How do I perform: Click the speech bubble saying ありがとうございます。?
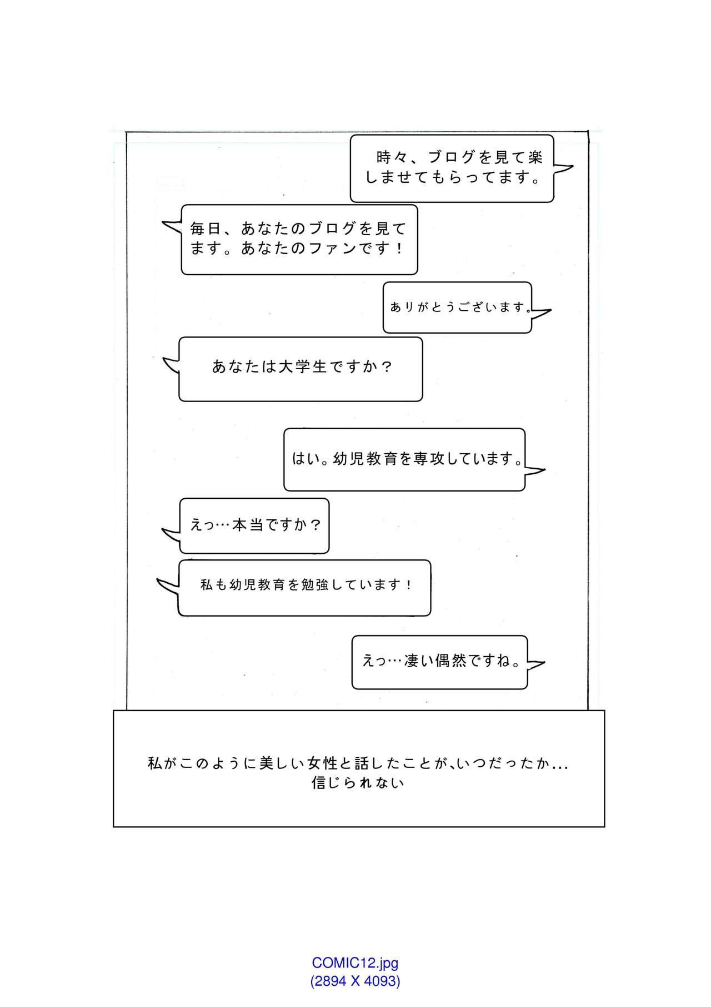tap(457, 307)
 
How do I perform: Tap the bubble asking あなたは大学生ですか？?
tap(301, 369)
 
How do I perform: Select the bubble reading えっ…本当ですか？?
tap(254, 525)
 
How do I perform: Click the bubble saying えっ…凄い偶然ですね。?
tap(439, 662)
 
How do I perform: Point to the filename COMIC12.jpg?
tap(355, 963)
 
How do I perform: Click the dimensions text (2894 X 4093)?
tap(355, 980)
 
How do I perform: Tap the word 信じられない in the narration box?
tap(358, 783)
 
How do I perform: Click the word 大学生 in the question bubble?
tap(302, 367)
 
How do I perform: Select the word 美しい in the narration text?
tap(283, 763)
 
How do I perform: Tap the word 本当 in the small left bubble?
tap(248, 525)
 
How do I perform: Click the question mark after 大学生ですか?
tap(388, 367)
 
